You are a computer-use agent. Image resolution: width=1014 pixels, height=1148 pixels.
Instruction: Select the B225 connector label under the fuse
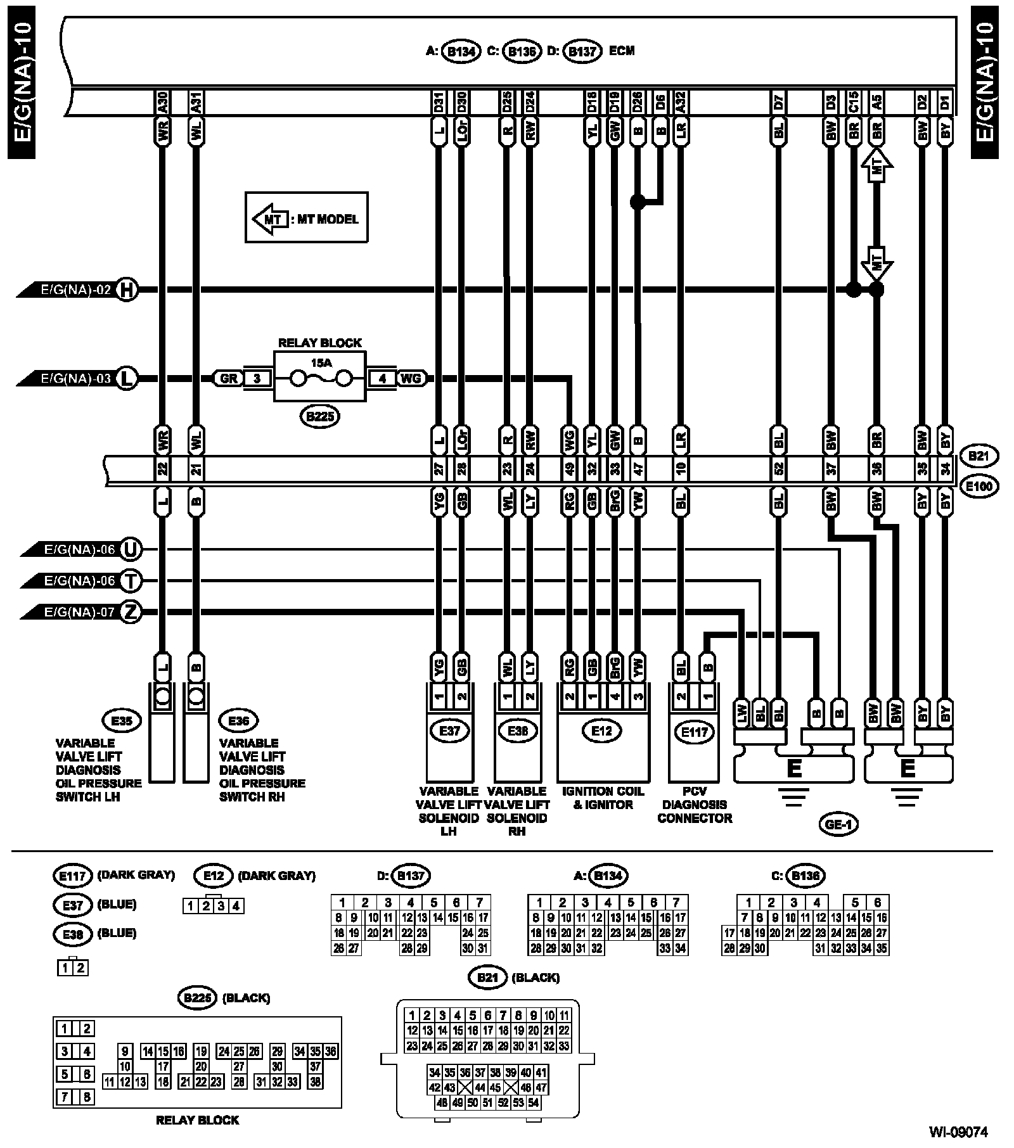pos(319,416)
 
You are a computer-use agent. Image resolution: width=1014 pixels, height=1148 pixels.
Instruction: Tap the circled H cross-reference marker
pos(127,290)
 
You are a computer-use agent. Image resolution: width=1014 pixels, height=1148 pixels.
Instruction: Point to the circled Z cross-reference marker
pos(131,613)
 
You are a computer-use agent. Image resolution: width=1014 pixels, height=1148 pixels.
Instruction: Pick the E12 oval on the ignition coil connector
pos(601,731)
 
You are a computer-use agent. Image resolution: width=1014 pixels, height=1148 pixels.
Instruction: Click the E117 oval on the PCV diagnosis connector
pos(695,732)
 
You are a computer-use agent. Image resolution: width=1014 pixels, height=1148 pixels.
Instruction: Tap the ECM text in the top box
pos(621,51)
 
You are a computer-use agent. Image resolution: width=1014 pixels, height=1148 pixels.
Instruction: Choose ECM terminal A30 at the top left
pos(162,102)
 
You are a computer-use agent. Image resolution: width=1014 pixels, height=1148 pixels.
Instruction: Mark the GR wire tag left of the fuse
pos(228,379)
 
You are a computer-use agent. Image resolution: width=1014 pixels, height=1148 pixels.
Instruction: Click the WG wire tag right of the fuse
pos(410,379)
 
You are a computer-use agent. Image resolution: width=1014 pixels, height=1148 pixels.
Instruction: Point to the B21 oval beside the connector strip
pos(979,456)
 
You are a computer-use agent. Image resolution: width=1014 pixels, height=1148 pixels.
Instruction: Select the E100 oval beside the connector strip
pos(979,487)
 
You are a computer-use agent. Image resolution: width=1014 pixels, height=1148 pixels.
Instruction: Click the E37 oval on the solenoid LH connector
pos(449,731)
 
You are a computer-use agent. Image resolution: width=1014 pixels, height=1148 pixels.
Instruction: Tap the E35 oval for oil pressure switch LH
pos(121,721)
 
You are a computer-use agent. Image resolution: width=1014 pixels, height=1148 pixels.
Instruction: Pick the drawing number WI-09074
pos(958,1131)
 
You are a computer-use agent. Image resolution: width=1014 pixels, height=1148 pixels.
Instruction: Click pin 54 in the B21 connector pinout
pos(533,1102)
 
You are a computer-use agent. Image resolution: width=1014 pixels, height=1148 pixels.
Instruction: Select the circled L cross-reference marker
pos(127,379)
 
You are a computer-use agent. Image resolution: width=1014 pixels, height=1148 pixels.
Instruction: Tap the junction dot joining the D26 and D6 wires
pos(638,202)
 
